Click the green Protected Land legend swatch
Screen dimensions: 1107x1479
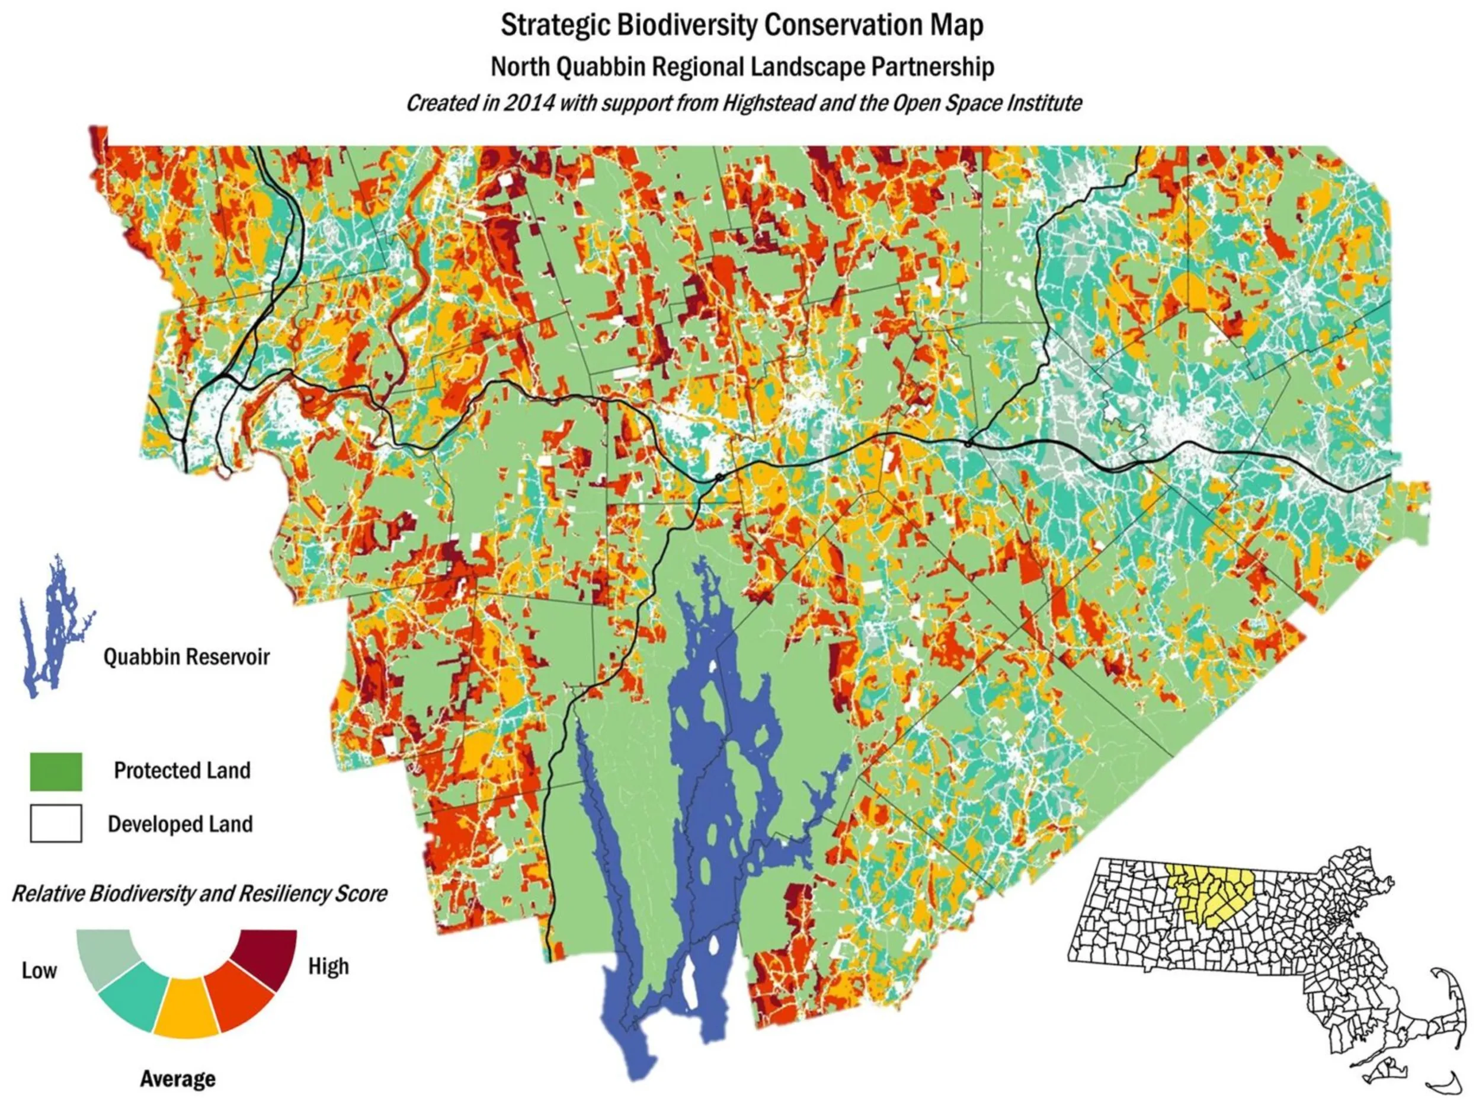click(56, 771)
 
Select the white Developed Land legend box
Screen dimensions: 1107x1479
click(56, 824)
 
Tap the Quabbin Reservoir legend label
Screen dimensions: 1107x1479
click(186, 657)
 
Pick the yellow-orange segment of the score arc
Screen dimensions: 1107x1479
click(186, 1008)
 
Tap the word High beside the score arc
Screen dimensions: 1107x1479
click(328, 966)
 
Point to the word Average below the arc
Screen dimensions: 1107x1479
click(178, 1078)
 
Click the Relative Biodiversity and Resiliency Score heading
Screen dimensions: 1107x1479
click(199, 894)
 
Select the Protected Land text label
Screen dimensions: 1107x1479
click(182, 771)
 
